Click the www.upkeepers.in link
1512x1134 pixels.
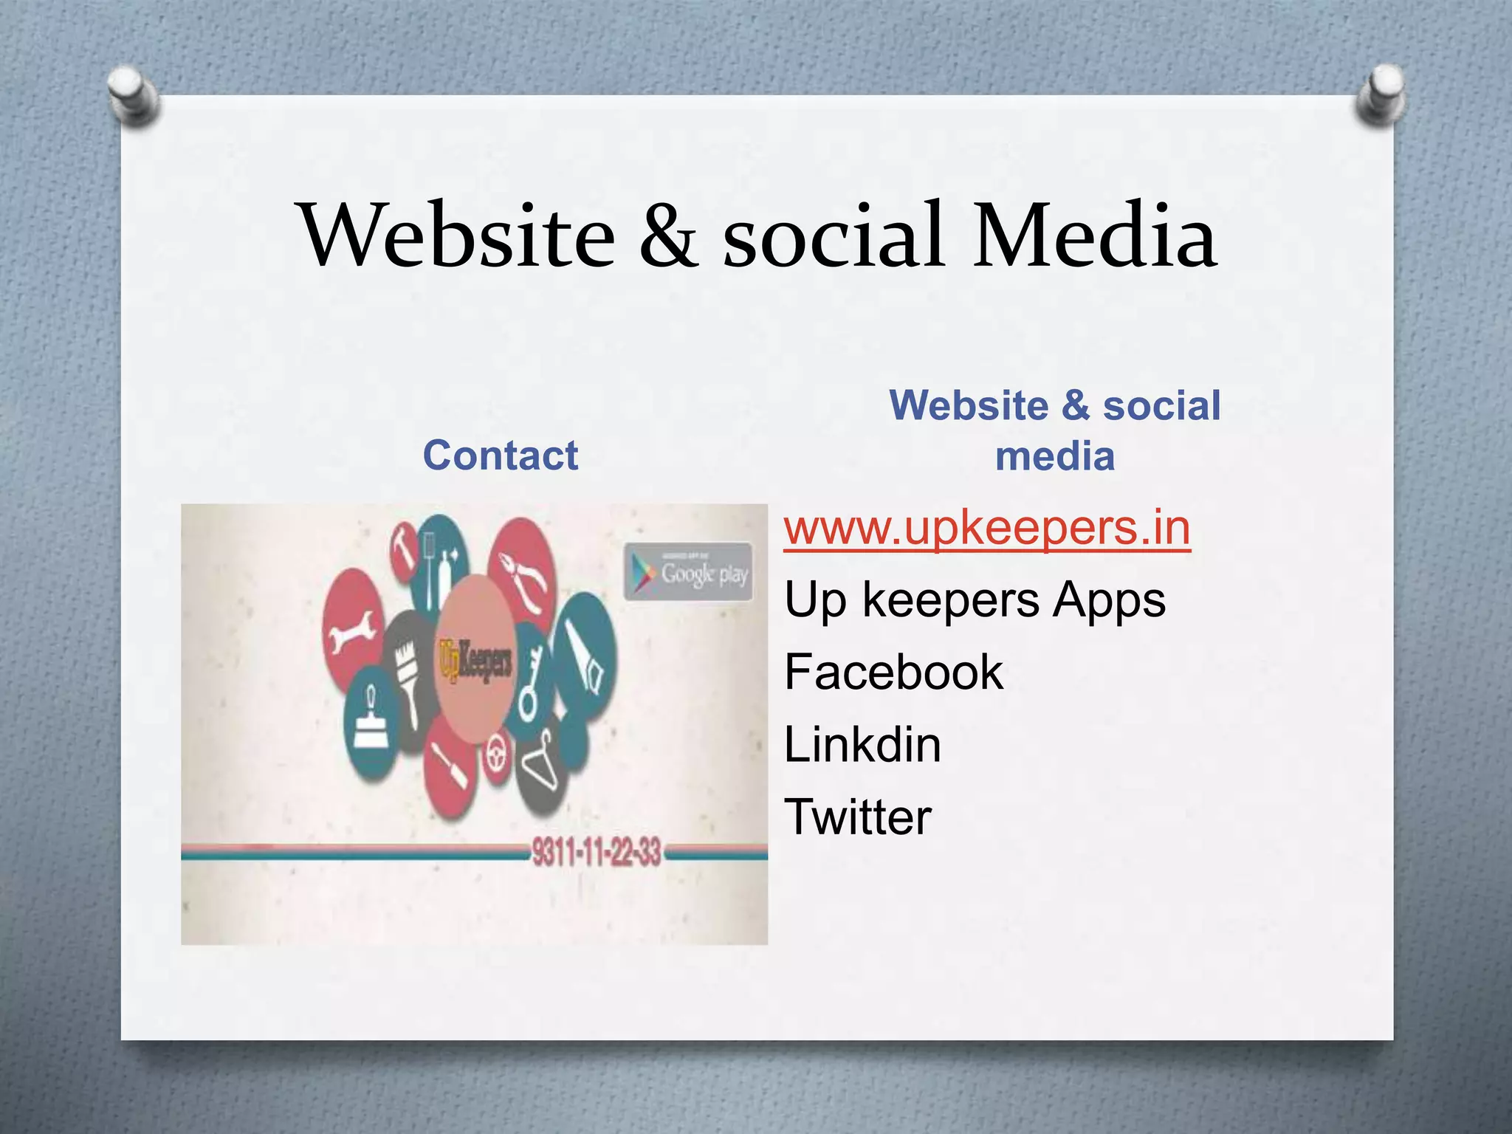(x=987, y=529)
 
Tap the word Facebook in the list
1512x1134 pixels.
(x=893, y=672)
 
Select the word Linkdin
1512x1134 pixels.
(x=862, y=744)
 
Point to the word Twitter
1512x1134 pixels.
(x=858, y=817)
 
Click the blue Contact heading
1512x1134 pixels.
(x=501, y=455)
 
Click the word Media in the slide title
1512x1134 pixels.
(x=1094, y=235)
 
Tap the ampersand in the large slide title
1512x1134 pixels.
(x=669, y=235)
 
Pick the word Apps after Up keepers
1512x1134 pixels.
(x=1109, y=599)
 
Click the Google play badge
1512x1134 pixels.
(x=688, y=571)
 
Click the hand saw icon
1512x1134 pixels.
(x=588, y=657)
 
